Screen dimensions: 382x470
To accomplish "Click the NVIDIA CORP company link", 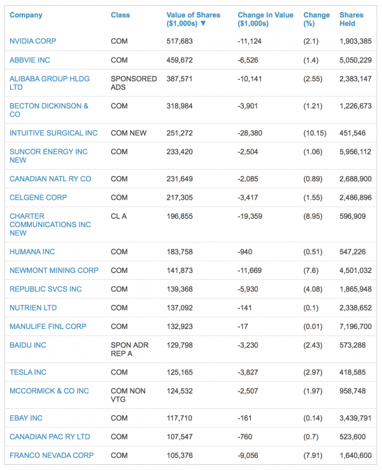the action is pos(32,41).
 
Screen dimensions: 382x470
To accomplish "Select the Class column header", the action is pos(120,15).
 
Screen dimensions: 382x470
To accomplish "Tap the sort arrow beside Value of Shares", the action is pos(203,24).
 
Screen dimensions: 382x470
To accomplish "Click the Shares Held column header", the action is pos(351,19).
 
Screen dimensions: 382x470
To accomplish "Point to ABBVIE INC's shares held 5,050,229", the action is pos(355,60).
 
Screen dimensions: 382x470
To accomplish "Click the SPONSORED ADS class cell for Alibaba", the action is pos(134,83).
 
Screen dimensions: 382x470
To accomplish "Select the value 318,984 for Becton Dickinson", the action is pos(180,106).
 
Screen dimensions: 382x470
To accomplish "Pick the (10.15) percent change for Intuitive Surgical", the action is pos(315,133).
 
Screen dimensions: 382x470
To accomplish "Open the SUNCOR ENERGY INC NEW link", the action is pos(48,156).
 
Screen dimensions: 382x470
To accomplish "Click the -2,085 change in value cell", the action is pos(248,179).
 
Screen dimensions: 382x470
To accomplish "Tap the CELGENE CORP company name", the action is pos(38,198).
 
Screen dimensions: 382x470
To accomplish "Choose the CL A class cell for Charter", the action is pos(119,216).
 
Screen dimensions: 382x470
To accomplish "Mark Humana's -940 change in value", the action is pos(245,252).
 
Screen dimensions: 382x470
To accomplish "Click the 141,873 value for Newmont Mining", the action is pos(180,270).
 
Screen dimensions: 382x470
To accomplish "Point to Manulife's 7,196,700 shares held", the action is pos(355,327).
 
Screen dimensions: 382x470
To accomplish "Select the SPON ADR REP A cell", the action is pos(129,349).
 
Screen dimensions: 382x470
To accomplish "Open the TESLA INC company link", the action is pos(28,372).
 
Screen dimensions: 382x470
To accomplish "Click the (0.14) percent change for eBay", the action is pos(313,418).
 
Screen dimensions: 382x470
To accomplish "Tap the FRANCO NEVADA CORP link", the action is pos(52,455).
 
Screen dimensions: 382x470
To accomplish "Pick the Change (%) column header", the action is pos(316,19).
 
